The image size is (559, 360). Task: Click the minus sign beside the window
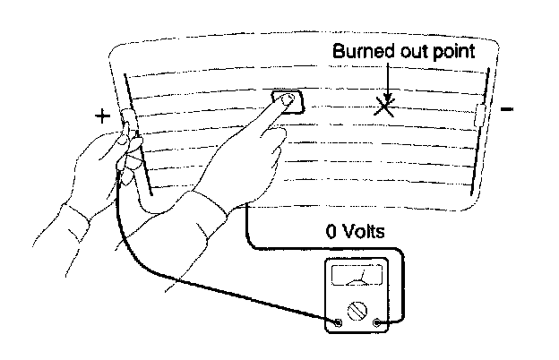(508, 109)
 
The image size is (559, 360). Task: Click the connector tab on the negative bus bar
(479, 115)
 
